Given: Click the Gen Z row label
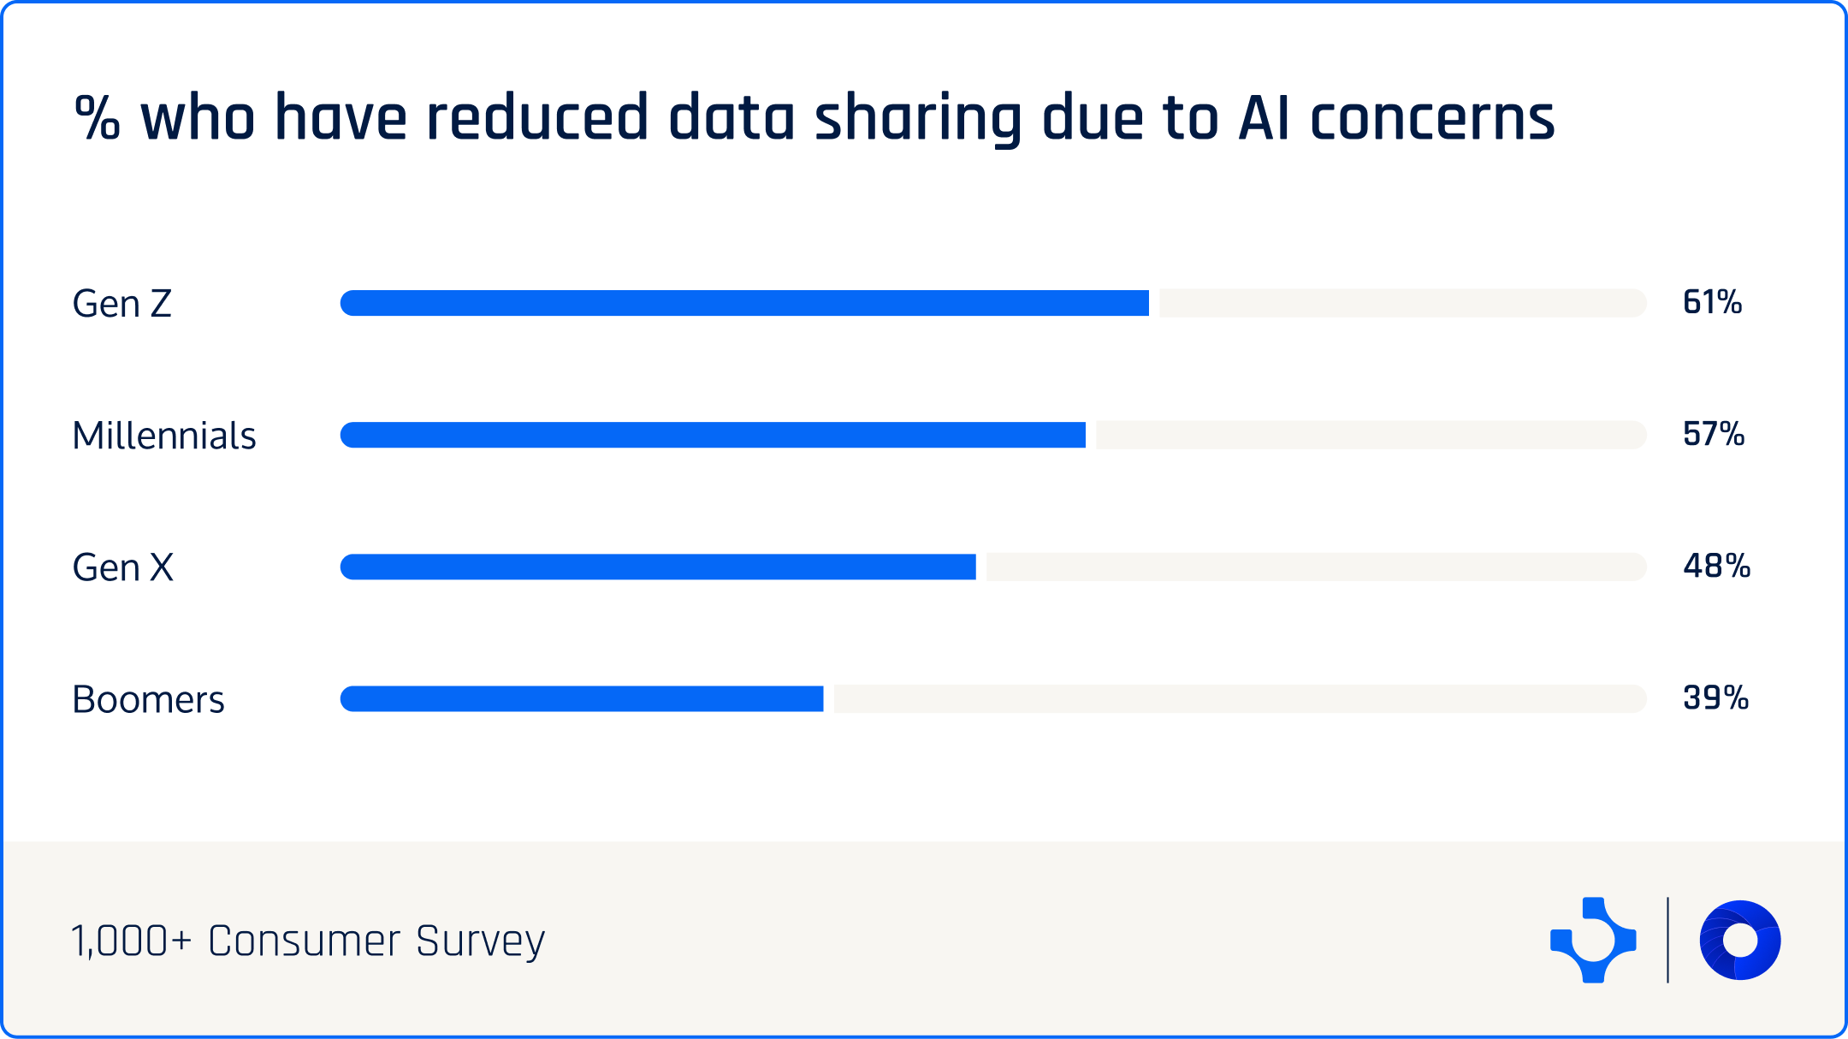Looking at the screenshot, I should (122, 304).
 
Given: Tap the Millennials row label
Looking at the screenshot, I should (164, 436).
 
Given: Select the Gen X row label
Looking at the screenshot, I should (123, 567).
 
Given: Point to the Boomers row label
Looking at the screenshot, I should (148, 699).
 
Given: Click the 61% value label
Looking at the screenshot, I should (1712, 302).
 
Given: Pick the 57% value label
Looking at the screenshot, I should (1714, 434).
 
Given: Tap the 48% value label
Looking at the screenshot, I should (1716, 566).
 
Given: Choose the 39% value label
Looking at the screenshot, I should (1715, 698).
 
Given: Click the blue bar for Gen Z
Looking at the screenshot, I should (744, 303).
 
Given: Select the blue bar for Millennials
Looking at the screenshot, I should (713, 435).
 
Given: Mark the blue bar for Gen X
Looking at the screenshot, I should (658, 567).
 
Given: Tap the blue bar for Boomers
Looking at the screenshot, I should (582, 698).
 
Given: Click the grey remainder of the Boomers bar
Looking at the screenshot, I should (1239, 698).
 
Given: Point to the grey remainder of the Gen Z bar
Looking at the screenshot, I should (1401, 303).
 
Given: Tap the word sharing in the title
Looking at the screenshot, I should (918, 119).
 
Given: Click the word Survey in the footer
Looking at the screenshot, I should (480, 941).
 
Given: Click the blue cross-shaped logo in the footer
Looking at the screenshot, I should (1593, 940).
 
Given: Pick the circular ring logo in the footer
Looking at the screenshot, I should (1739, 940).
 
